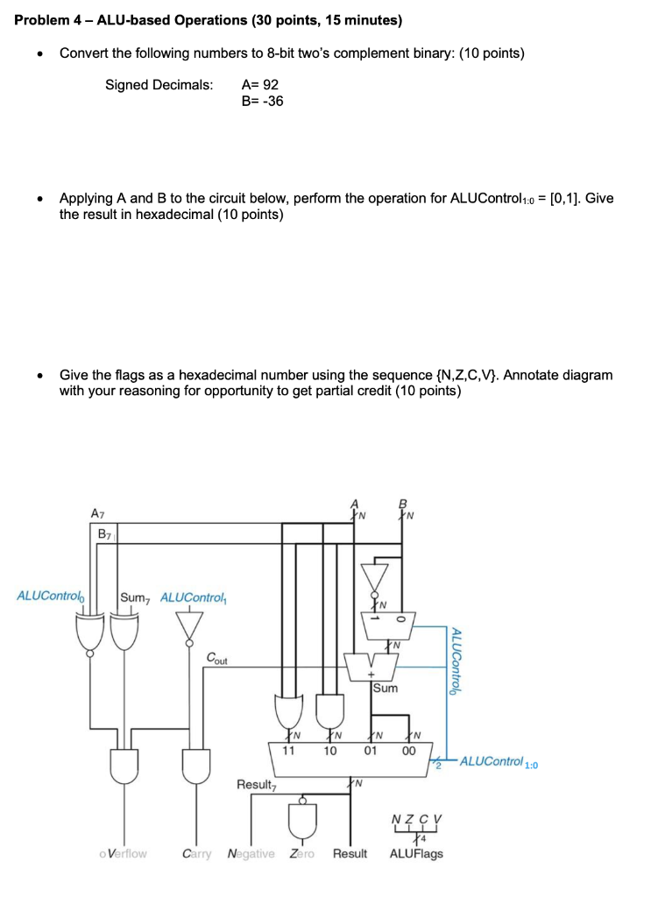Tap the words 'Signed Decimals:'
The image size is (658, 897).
pyautogui.click(x=159, y=85)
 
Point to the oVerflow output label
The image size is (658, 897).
pyautogui.click(x=124, y=853)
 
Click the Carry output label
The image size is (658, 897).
pyautogui.click(x=197, y=853)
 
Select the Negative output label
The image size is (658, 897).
pyautogui.click(x=251, y=853)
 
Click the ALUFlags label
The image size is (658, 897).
pyautogui.click(x=416, y=853)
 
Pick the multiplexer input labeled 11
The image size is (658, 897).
pyautogui.click(x=287, y=750)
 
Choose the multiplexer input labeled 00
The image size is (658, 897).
pyautogui.click(x=409, y=750)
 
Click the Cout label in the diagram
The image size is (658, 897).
pyautogui.click(x=219, y=658)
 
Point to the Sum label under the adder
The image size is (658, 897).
pyautogui.click(x=386, y=689)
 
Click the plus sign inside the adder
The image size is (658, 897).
pyautogui.click(x=371, y=676)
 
